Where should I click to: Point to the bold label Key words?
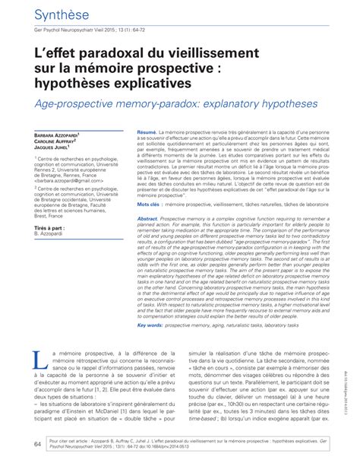pyautogui.click(x=151, y=325)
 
